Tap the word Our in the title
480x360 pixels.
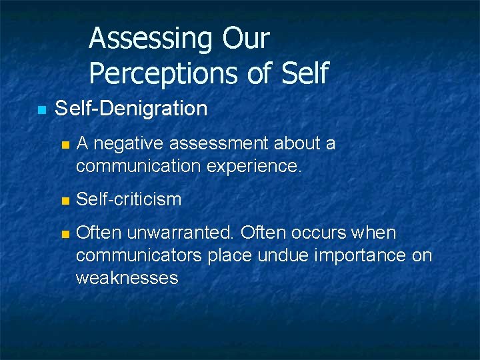coord(246,39)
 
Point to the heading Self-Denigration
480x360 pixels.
coord(131,108)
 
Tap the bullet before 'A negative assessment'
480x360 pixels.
coord(64,144)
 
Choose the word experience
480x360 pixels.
coord(261,165)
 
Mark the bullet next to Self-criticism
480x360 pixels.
coord(64,200)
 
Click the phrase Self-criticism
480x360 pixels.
coord(129,199)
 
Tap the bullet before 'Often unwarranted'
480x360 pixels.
coord(64,234)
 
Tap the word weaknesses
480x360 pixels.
coord(127,277)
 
